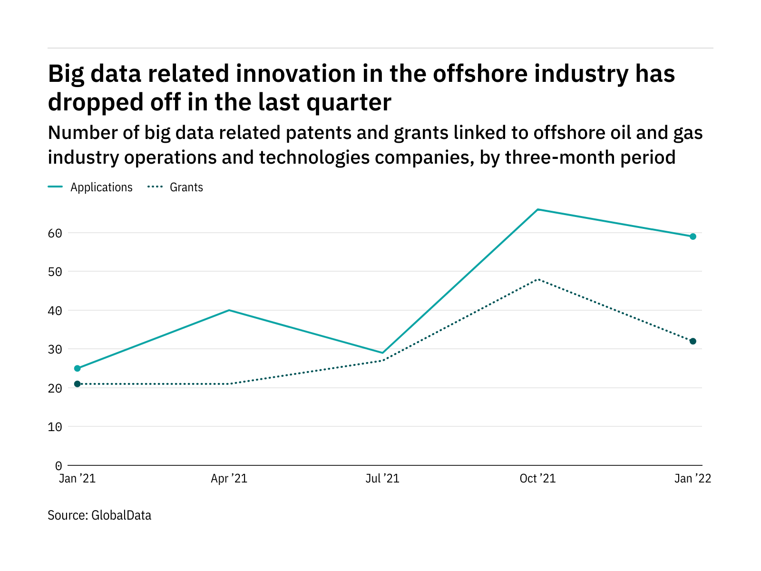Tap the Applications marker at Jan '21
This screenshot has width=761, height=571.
78,368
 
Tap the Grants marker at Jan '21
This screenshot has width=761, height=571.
78,384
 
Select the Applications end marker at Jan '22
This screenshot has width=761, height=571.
693,236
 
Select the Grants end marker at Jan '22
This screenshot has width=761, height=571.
693,341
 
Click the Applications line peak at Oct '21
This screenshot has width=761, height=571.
537,209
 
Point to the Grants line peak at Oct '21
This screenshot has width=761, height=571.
537,279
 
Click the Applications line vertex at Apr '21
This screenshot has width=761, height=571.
229,310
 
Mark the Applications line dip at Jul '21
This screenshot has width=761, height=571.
382,353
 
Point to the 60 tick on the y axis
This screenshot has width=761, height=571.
55,233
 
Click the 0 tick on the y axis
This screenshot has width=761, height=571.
59,465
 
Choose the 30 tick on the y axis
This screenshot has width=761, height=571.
55,349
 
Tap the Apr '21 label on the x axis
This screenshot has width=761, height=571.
229,479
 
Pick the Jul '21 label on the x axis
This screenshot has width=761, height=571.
382,479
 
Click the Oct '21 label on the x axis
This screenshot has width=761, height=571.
537,479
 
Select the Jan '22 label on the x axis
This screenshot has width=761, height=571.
693,479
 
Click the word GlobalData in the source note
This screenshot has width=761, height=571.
121,515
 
